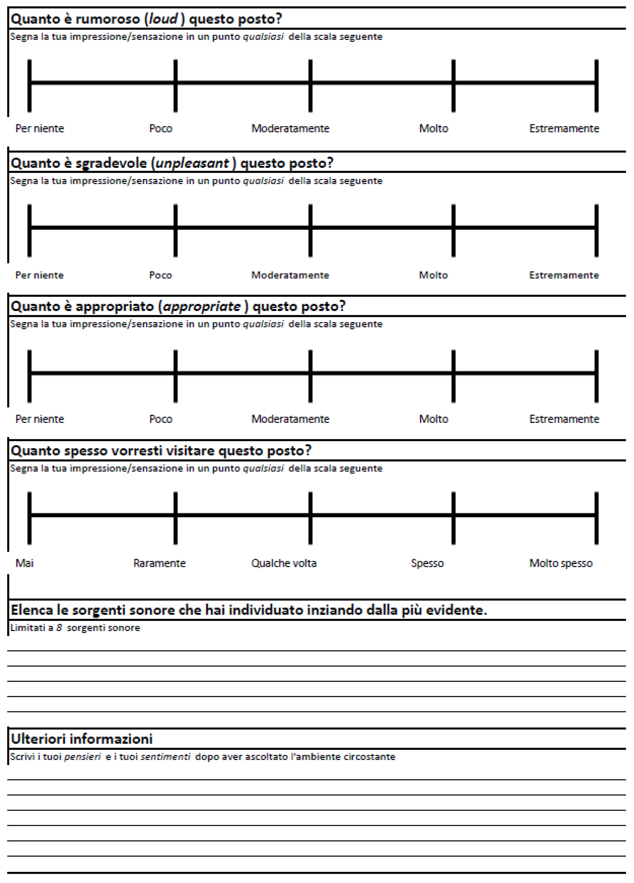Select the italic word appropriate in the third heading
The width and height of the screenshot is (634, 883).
tap(202, 306)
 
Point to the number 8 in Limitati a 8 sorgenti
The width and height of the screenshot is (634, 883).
tap(59, 628)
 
